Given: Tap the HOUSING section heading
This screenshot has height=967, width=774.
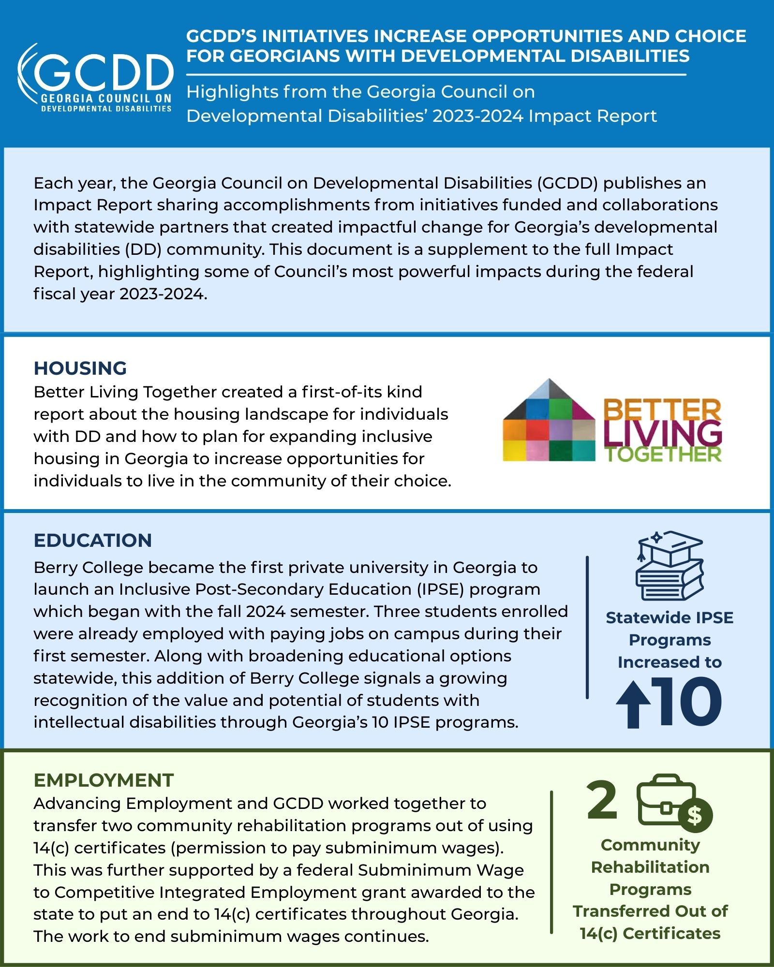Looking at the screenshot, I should pyautogui.click(x=80, y=368).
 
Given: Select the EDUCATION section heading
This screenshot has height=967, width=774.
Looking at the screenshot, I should pyautogui.click(x=93, y=541).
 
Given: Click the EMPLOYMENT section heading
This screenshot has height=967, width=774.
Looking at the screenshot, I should pyautogui.click(x=104, y=780).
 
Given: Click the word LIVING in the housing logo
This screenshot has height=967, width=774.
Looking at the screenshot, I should pyautogui.click(x=663, y=433).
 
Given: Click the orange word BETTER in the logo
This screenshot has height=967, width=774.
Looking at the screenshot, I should pyautogui.click(x=662, y=410).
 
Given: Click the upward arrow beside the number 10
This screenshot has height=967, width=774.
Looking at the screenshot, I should pyautogui.click(x=633, y=704).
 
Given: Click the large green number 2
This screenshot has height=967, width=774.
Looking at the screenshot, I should pyautogui.click(x=602, y=800).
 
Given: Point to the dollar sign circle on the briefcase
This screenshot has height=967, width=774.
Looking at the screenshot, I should pyautogui.click(x=695, y=815).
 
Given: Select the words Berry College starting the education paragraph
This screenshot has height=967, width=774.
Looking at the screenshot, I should pyautogui.click(x=89, y=567).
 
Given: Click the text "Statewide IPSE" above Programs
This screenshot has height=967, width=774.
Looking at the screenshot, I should pyautogui.click(x=670, y=618).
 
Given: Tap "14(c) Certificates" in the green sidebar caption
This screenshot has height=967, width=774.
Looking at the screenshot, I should pyautogui.click(x=650, y=933).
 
